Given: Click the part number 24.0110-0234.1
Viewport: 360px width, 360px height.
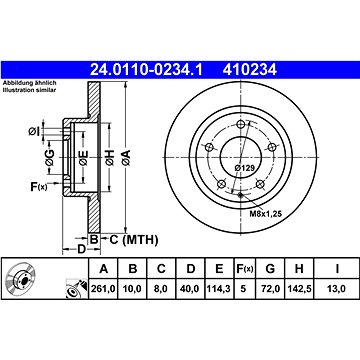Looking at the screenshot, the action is (x=146, y=70).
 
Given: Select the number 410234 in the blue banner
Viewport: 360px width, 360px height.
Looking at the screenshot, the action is (x=250, y=70).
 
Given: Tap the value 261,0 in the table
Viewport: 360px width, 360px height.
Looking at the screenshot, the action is (x=103, y=289).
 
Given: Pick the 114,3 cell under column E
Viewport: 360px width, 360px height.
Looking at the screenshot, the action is (x=219, y=289).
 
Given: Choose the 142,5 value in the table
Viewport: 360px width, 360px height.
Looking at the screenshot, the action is (x=299, y=289).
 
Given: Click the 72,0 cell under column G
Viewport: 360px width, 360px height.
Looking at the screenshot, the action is (x=270, y=289).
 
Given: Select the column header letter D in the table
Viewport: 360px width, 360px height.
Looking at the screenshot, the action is (x=190, y=269).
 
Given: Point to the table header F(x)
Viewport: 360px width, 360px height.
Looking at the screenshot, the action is (x=244, y=269).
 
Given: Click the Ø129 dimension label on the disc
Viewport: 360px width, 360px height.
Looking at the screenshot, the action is (x=244, y=168).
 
